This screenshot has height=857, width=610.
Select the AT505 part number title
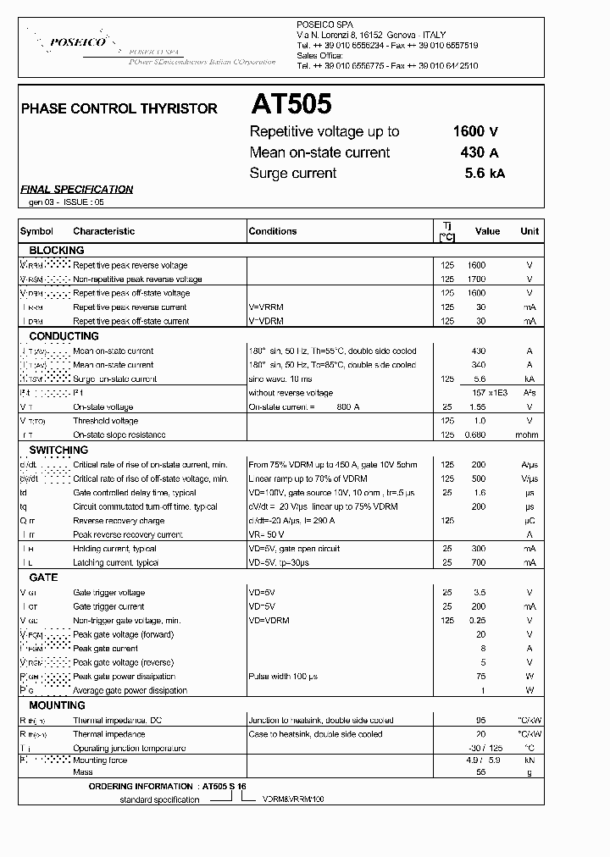tap(291, 104)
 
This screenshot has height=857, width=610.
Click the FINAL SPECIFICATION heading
tap(76, 190)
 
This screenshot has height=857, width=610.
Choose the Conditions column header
tap(273, 231)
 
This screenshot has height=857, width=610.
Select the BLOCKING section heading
tap(57, 251)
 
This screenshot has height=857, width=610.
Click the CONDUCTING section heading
tap(64, 336)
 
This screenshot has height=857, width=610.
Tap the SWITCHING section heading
tap(58, 451)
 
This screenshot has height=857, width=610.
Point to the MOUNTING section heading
tap(58, 705)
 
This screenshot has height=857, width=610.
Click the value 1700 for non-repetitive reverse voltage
tap(477, 279)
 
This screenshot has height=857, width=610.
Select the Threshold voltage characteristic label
tap(106, 421)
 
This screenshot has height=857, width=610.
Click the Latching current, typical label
tap(115, 563)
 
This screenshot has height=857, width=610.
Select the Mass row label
tap(82, 773)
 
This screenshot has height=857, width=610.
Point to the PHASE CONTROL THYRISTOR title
tap(119, 108)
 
